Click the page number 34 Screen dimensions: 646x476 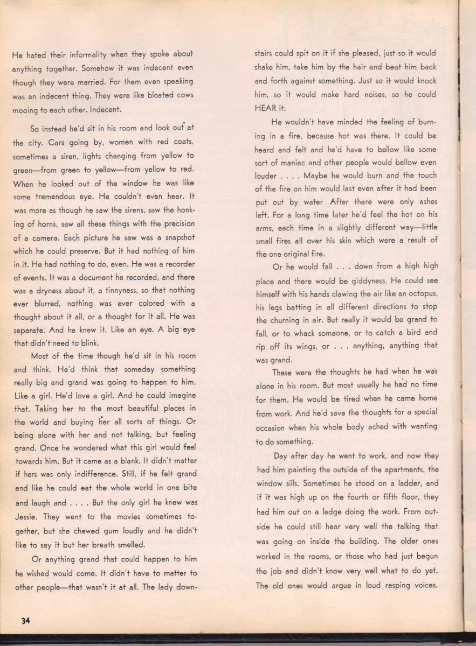click(x=25, y=620)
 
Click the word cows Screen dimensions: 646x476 click(x=181, y=96)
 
